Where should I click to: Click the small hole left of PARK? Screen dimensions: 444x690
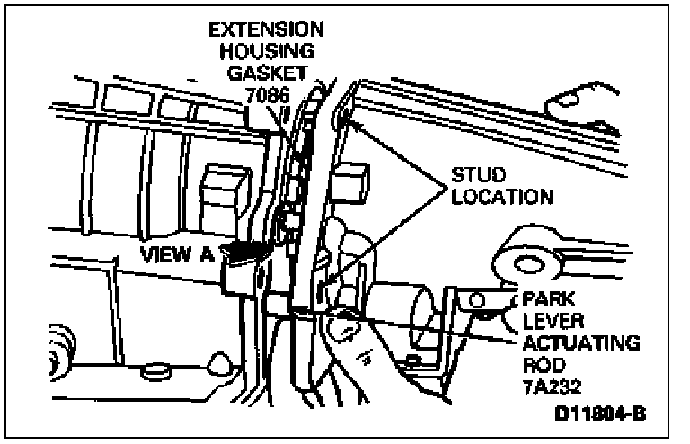click(x=476, y=300)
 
